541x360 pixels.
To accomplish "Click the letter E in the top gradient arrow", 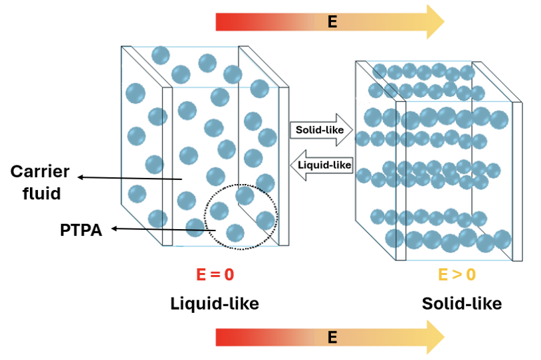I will tap(332, 22).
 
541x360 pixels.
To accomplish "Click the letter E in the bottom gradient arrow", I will tap(332, 337).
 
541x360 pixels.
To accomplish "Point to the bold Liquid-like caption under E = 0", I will tap(214, 304).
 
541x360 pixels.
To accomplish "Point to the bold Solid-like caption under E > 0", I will tap(461, 304).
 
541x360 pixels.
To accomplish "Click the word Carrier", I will tap(40, 172).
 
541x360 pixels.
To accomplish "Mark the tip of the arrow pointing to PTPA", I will tap(112, 229).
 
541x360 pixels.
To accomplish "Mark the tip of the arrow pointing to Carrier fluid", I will tap(79, 177).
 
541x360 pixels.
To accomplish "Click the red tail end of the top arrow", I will tap(219, 22).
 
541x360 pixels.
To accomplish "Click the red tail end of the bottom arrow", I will tap(219, 337).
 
